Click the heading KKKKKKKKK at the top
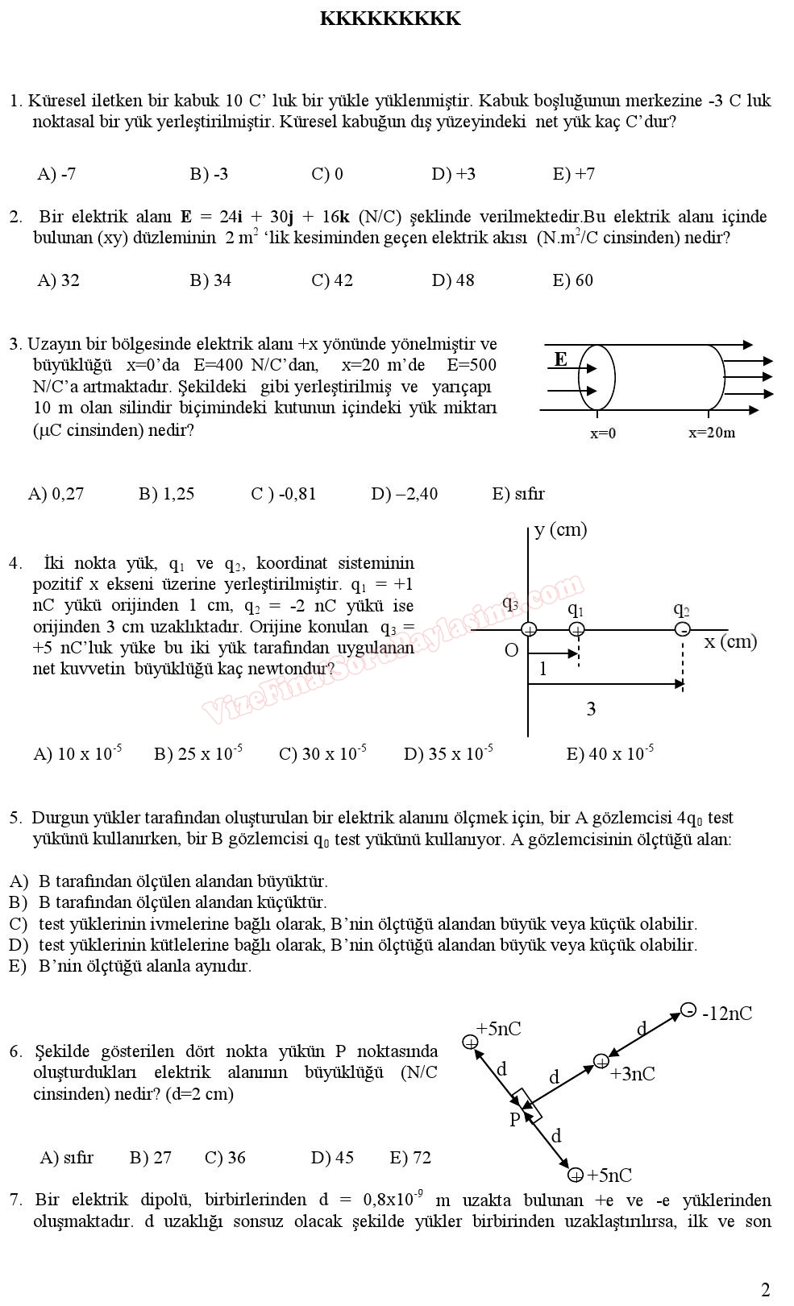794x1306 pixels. (x=390, y=19)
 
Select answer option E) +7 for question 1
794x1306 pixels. (x=573, y=174)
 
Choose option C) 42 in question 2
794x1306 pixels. (x=331, y=280)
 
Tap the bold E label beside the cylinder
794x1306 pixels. (x=560, y=359)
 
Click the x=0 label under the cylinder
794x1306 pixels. (x=603, y=433)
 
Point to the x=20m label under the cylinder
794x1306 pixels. (x=711, y=433)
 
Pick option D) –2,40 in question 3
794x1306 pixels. (x=404, y=494)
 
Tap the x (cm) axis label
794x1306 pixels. (x=730, y=641)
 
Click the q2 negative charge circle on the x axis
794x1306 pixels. (x=683, y=629)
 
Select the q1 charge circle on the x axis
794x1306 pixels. (x=576, y=629)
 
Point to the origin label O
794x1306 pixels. (x=511, y=650)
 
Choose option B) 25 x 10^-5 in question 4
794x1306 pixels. (x=197, y=754)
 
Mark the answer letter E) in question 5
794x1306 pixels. (x=18, y=966)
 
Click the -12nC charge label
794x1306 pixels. (x=727, y=1014)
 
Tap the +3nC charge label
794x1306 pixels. (x=632, y=1074)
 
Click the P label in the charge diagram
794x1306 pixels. (x=515, y=1119)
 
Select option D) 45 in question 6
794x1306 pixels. (x=332, y=1158)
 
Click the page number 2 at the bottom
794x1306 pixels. (x=765, y=1290)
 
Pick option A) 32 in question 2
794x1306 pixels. (x=58, y=280)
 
